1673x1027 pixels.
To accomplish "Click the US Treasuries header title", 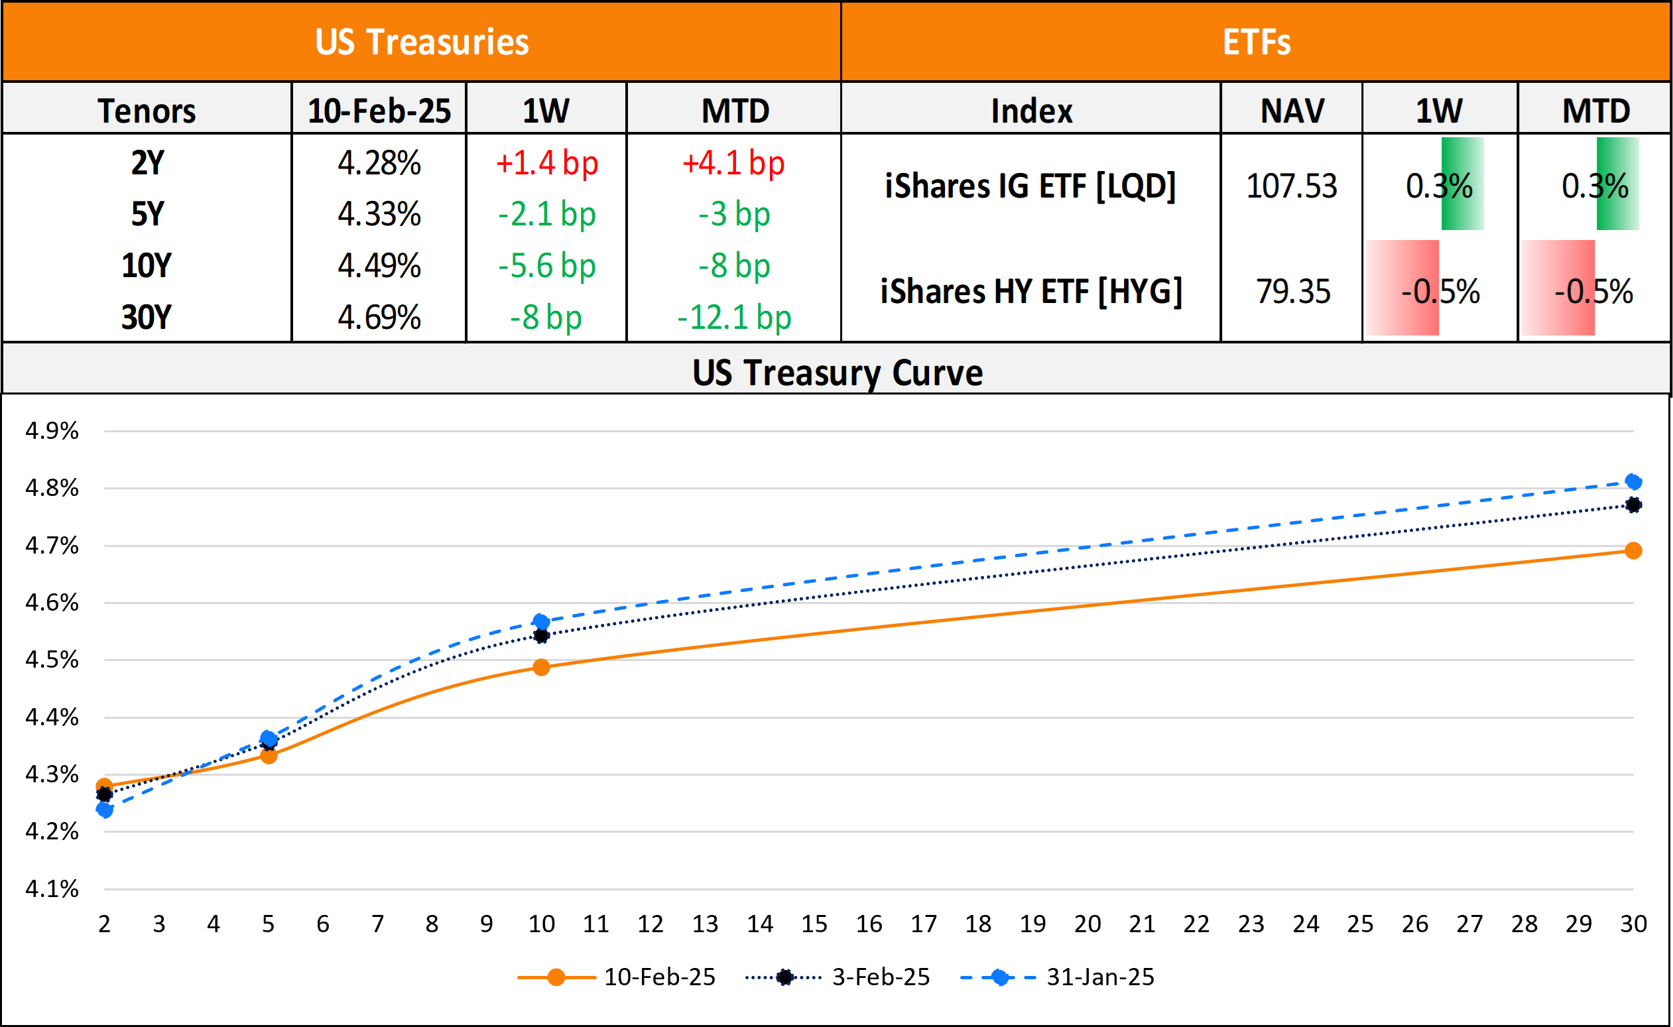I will (x=422, y=42).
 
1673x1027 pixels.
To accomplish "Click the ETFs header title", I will (x=1256, y=42).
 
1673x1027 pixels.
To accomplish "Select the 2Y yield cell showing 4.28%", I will (x=379, y=163).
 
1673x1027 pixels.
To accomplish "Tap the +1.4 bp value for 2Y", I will (x=547, y=163).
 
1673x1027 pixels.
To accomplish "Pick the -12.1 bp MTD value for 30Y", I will (x=734, y=317).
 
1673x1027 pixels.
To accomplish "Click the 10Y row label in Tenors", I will (x=147, y=266).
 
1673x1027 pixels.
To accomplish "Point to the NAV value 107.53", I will (x=1291, y=186).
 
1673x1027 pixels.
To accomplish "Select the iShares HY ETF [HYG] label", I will (x=1030, y=291).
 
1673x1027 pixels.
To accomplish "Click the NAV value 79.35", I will (x=1292, y=291).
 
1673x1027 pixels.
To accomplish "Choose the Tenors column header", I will (x=147, y=111).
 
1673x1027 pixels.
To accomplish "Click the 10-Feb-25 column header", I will (x=379, y=111).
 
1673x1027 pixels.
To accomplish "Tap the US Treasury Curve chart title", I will (x=837, y=372).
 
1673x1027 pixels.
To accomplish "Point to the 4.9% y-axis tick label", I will (x=52, y=431).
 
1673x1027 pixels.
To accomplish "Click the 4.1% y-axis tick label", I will (x=52, y=888).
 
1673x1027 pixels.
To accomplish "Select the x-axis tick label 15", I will (x=814, y=924).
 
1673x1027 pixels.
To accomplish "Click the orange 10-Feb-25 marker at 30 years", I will (x=1633, y=551).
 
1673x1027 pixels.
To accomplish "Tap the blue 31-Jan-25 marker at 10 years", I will (x=540, y=621).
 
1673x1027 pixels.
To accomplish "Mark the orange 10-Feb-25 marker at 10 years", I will (x=540, y=667).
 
